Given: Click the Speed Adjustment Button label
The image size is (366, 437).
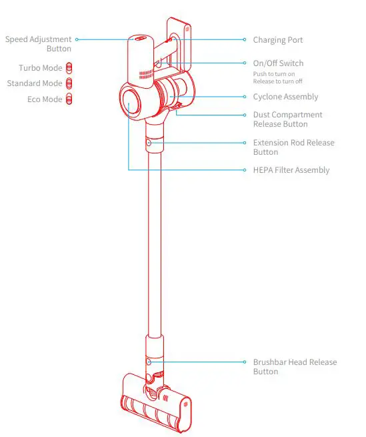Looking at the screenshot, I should coord(38,44).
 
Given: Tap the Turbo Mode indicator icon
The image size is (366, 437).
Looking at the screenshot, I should coord(69,68).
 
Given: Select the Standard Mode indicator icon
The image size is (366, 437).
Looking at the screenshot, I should coord(69,83).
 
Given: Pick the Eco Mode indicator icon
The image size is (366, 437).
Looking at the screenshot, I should coord(69,99).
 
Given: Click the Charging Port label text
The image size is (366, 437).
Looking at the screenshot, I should coord(277,40).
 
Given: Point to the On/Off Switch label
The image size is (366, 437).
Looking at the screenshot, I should coord(278,63).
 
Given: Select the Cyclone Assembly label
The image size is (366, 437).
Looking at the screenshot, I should coord(285,97).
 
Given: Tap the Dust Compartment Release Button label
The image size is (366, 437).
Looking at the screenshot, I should coord(287,119).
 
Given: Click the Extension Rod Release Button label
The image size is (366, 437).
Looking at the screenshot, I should coord(293,147).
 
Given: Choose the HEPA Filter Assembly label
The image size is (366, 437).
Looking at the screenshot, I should coord(291,170).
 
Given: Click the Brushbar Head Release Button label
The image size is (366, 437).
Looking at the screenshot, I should coord(295,367).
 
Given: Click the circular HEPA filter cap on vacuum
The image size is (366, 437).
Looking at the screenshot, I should coord(131,105).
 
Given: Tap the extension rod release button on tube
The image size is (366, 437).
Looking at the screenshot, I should coord(149,143).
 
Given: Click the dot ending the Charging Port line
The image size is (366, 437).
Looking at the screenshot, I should coord(245,40).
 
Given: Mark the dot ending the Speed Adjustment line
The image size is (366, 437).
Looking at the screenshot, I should coord(77,40).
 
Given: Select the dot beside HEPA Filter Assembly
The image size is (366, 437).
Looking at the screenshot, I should coord(245,170).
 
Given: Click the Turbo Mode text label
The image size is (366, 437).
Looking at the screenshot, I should coord(41,68).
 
